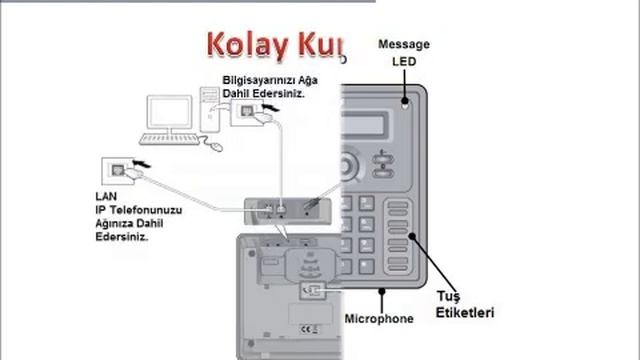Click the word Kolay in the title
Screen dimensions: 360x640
pos(241,45)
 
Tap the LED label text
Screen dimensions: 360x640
pos(403,61)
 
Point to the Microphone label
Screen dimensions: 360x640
pos(378,319)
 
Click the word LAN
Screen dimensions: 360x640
pos(105,196)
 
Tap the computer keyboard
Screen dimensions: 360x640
pos(167,139)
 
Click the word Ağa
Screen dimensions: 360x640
pos(294,79)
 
